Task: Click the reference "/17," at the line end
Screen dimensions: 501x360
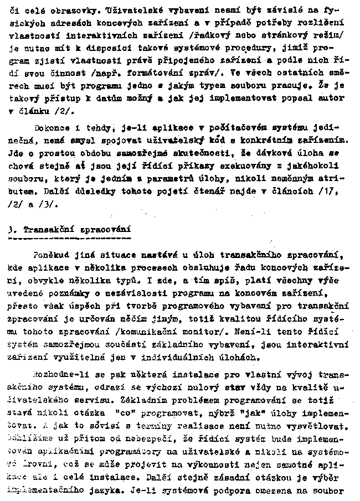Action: click(x=331, y=188)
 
